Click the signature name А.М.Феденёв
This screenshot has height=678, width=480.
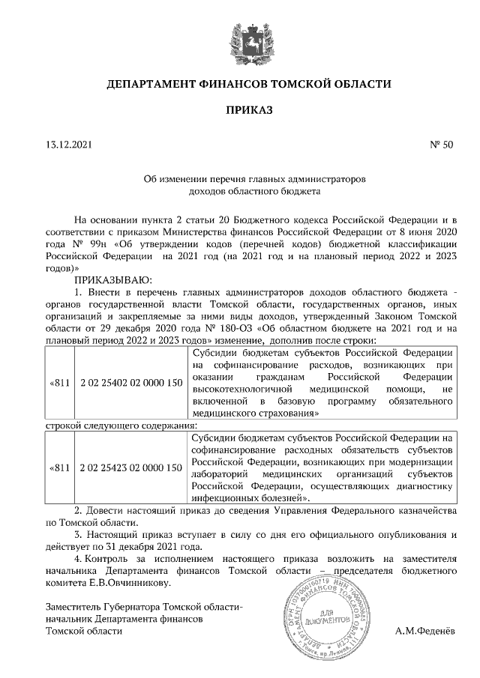pos(424,632)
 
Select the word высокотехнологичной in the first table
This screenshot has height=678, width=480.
pos(243,389)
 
